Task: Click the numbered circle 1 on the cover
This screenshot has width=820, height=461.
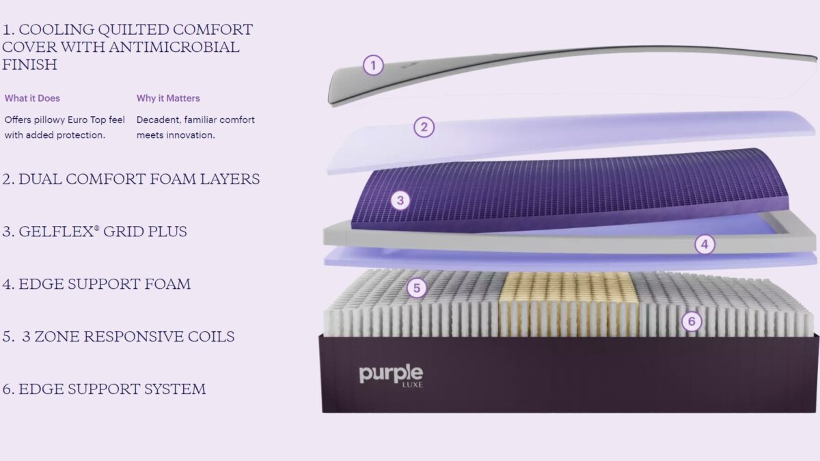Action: point(373,66)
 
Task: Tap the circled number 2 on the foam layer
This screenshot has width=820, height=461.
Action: point(424,127)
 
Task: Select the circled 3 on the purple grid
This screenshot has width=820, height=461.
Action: point(400,200)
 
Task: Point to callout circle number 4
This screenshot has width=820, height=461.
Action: point(705,244)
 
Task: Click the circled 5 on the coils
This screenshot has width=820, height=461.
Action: point(417,288)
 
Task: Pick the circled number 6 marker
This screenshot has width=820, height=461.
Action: point(692,321)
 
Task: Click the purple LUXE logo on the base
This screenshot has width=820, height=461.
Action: point(391,376)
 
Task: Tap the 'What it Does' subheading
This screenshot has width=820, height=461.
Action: point(32,98)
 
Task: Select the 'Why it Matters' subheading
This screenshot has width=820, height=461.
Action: point(168,98)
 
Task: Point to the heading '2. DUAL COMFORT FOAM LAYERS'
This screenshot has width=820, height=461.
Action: point(131,179)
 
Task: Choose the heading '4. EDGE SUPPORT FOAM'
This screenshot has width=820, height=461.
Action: point(96,284)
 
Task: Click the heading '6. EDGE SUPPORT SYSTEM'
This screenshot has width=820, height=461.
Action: point(104,389)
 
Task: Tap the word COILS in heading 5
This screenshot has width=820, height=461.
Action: point(211,337)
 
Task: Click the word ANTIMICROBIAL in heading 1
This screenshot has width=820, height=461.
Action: point(174,47)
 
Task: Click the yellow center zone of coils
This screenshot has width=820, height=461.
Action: point(569,305)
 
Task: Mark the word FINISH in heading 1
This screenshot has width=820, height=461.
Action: point(29,65)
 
